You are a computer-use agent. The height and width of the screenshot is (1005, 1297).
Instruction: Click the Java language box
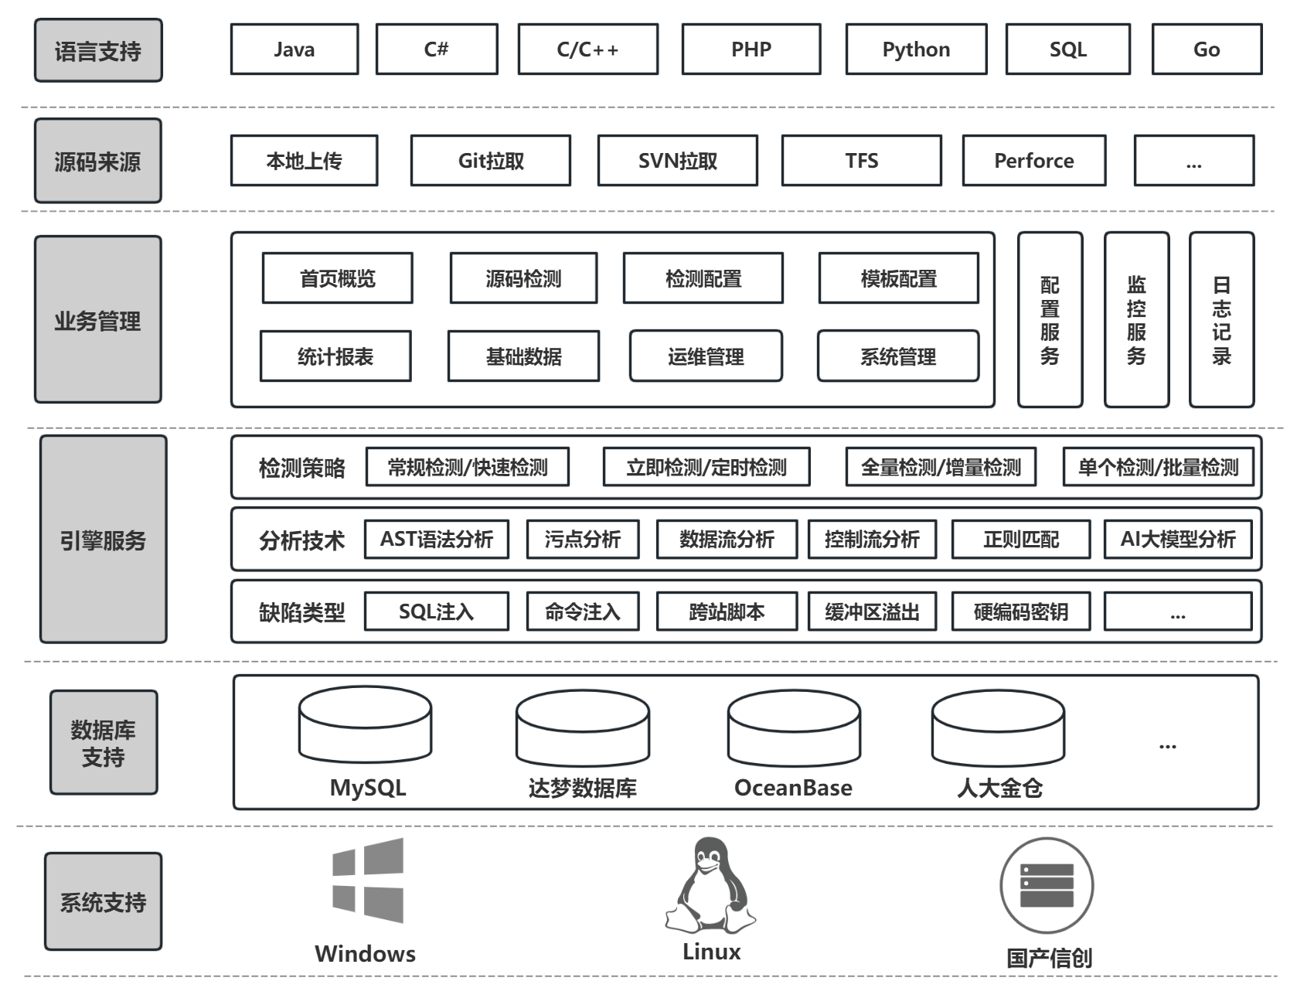point(294,49)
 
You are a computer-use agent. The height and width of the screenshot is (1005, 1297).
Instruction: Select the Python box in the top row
point(916,49)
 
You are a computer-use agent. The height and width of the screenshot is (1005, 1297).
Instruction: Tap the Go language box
point(1206,49)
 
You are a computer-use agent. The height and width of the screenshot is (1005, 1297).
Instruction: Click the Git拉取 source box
point(491,161)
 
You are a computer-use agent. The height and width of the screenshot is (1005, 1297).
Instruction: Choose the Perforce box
point(1033,161)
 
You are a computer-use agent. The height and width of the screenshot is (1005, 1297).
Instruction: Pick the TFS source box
point(861,161)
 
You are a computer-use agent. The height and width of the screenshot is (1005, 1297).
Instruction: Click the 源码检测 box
point(523,278)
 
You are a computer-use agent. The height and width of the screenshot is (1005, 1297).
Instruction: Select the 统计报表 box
point(335,356)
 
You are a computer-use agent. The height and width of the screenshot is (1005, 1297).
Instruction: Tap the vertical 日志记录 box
point(1221,320)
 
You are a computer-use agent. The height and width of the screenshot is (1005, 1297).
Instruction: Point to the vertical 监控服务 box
point(1136,320)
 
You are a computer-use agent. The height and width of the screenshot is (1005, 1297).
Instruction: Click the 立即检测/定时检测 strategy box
point(706,467)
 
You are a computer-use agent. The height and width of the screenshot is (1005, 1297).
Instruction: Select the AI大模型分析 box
point(1178,539)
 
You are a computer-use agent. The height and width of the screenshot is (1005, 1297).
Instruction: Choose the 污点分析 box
point(583,539)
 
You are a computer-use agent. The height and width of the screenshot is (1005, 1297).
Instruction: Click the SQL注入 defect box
point(436,612)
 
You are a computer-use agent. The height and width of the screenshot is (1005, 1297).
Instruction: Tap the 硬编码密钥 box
point(1020,612)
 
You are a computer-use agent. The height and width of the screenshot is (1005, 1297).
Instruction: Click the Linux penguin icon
point(710,885)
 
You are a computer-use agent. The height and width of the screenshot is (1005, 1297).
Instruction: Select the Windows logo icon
point(368,881)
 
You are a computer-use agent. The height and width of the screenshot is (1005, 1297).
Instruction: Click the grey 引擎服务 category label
point(104,540)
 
